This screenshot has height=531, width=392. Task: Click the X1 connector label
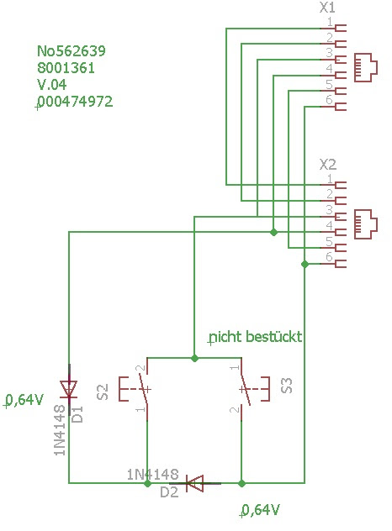click(x=327, y=8)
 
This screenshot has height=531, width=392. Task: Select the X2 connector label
click(x=328, y=165)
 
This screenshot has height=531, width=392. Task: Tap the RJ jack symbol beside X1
click(x=366, y=67)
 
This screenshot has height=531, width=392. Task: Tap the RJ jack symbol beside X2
click(x=366, y=224)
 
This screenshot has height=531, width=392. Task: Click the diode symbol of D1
click(x=69, y=389)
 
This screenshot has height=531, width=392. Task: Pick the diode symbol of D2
click(x=196, y=483)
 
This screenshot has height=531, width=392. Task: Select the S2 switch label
click(x=103, y=392)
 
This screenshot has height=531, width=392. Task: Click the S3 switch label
click(x=287, y=386)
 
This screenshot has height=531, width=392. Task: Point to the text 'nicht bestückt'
click(x=256, y=337)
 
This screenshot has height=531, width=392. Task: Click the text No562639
click(x=72, y=51)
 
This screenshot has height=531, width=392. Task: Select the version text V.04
click(x=52, y=85)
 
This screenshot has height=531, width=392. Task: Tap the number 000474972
click(x=75, y=102)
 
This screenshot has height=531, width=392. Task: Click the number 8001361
click(x=66, y=68)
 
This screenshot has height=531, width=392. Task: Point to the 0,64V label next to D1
click(x=24, y=400)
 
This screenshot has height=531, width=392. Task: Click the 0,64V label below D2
click(x=261, y=510)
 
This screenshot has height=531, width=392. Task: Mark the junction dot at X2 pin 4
click(x=273, y=232)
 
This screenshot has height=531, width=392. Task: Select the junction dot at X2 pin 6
click(x=305, y=264)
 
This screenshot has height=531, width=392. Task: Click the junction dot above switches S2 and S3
click(x=194, y=358)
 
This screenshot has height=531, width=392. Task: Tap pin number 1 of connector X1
click(x=330, y=22)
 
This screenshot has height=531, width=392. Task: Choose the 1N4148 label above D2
click(x=152, y=475)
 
